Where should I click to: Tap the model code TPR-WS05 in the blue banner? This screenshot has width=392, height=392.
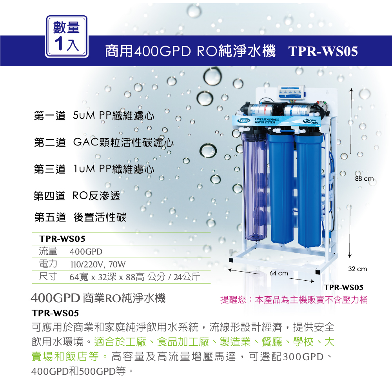(x=323, y=51)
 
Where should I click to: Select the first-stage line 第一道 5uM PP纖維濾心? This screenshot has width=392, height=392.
(x=94, y=116)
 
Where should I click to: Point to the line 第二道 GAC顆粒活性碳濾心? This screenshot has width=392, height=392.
(x=103, y=143)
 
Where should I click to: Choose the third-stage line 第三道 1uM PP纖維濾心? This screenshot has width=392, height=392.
(x=94, y=169)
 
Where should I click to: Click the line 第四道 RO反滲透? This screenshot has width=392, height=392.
(x=77, y=196)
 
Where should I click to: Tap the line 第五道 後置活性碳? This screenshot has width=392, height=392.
(x=80, y=218)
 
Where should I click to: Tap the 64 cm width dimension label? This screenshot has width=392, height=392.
(x=279, y=273)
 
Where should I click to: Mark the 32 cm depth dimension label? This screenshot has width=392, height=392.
(x=358, y=269)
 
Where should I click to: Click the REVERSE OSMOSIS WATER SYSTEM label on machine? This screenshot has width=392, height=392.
(x=266, y=120)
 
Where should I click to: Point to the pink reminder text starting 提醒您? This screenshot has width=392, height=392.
(x=294, y=300)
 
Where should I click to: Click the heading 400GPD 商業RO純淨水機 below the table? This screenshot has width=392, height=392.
(x=98, y=298)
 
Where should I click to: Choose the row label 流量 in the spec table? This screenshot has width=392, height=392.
(x=48, y=251)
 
